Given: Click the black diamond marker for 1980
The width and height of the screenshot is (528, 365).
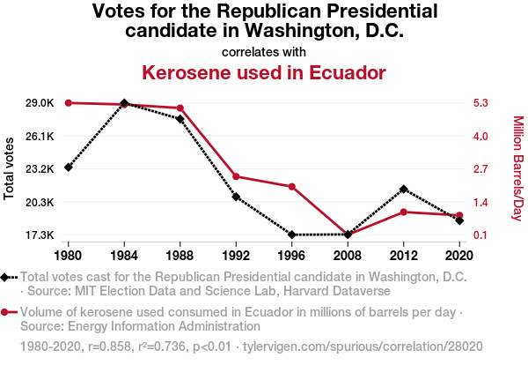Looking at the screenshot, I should pyautogui.click(x=69, y=168).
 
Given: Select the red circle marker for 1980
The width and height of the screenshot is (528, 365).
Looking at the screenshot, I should pyautogui.click(x=69, y=103).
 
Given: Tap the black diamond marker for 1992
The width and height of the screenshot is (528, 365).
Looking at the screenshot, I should pyautogui.click(x=236, y=197).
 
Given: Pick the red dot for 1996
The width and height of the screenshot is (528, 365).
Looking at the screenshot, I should pyautogui.click(x=291, y=186).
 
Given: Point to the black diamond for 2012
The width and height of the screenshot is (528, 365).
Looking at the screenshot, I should pyautogui.click(x=403, y=189).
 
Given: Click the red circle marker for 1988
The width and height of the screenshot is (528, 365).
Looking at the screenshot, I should pyautogui.click(x=180, y=108).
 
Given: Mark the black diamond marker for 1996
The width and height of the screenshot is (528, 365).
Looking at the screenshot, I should pyautogui.click(x=291, y=235).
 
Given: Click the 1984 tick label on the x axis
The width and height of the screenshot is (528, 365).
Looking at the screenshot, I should pyautogui.click(x=124, y=255).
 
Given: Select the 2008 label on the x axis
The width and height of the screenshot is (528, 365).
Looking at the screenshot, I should pyautogui.click(x=348, y=255).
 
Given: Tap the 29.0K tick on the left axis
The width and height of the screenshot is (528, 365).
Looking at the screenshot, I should pyautogui.click(x=40, y=103).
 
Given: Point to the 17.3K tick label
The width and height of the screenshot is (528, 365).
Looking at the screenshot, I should pyautogui.click(x=40, y=235).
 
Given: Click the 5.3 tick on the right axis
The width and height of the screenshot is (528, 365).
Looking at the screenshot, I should pyautogui.click(x=480, y=103).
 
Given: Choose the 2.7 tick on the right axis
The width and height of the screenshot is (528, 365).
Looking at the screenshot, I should pyautogui.click(x=480, y=169).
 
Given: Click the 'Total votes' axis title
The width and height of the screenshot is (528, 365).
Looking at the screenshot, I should pyautogui.click(x=10, y=168).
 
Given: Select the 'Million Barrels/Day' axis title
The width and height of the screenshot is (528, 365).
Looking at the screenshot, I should pyautogui.click(x=517, y=168).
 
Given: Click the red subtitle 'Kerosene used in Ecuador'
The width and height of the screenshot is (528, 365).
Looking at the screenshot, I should pyautogui.click(x=264, y=71).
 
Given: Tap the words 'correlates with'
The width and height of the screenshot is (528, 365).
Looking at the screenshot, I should pyautogui.click(x=264, y=51).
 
